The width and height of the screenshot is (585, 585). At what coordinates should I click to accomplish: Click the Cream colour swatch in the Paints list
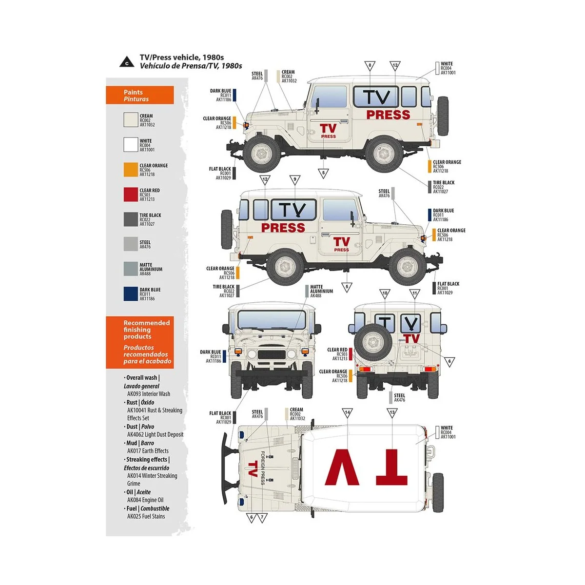(x=131, y=120)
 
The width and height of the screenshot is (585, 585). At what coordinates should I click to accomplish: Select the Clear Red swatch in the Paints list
(x=131, y=195)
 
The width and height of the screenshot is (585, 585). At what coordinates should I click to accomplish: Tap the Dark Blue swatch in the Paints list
(x=131, y=294)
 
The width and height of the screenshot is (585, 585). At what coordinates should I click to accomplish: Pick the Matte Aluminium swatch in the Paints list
(x=131, y=269)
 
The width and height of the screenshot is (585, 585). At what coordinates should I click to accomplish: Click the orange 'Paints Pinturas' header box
(x=139, y=95)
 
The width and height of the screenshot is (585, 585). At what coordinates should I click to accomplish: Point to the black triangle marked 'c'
(x=127, y=62)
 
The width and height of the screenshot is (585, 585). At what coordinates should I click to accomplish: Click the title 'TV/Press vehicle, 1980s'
(x=181, y=58)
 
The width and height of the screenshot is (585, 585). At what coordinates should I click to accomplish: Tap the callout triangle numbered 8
(x=370, y=66)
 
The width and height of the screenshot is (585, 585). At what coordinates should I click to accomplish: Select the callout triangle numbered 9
(x=295, y=180)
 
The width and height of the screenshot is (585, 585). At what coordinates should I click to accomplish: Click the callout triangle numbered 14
(x=347, y=413)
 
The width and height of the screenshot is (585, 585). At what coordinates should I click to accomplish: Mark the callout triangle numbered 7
(x=262, y=517)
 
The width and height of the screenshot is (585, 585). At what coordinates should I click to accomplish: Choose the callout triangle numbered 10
(x=385, y=294)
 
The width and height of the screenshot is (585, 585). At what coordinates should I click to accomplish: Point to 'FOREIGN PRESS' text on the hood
(x=263, y=468)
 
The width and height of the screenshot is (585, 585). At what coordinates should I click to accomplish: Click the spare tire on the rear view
(x=373, y=341)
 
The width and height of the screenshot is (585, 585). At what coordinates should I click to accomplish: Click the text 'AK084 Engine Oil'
(x=145, y=500)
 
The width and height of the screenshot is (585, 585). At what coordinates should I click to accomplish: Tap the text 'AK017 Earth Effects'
(x=148, y=451)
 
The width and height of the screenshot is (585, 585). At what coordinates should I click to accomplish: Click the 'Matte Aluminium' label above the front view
(x=321, y=292)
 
